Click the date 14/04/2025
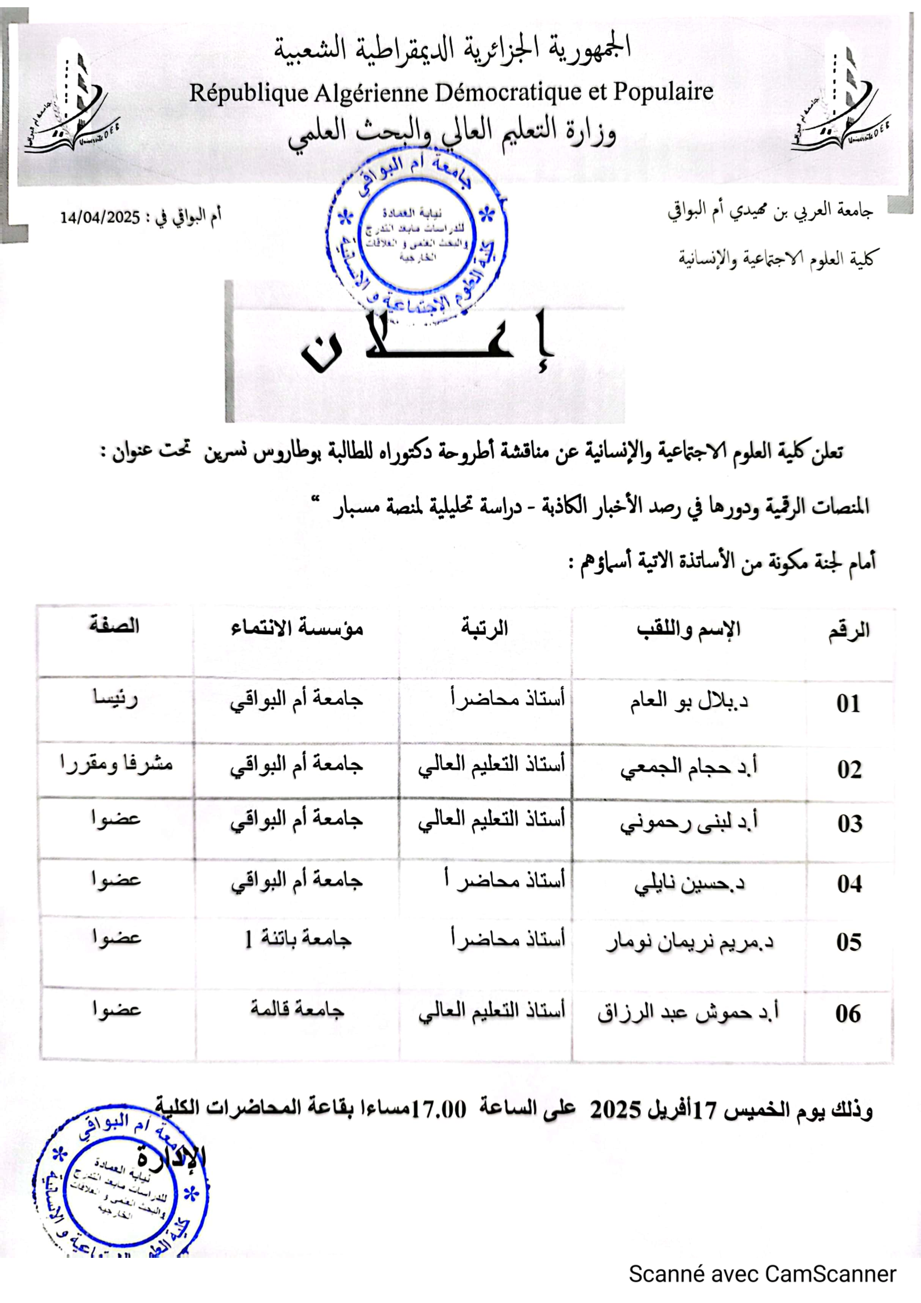point(100,217)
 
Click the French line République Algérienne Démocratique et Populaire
point(451,93)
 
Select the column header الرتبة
point(484,628)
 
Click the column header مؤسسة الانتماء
point(297,628)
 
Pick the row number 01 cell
point(848,704)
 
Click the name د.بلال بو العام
point(688,702)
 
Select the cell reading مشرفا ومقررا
point(117,765)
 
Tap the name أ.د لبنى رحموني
point(688,823)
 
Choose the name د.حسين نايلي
point(689,883)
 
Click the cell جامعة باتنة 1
point(298,939)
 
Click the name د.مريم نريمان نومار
point(689,942)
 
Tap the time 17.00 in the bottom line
point(438,1108)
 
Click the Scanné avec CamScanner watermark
point(762,1274)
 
